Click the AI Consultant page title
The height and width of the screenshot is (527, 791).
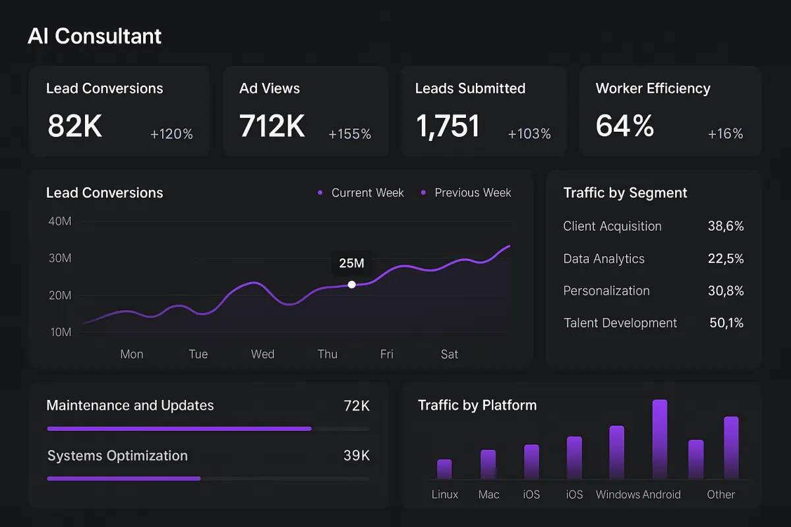[94, 36]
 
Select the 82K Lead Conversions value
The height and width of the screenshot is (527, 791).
[74, 126]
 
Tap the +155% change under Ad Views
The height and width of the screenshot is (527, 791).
[349, 134]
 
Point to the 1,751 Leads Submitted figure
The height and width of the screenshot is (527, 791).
[448, 126]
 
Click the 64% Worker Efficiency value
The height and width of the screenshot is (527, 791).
[624, 126]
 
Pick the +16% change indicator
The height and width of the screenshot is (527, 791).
[725, 134]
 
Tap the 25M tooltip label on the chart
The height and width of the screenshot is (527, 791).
[351, 263]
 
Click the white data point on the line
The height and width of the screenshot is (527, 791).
[351, 285]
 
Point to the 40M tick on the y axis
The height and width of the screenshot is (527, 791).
[60, 221]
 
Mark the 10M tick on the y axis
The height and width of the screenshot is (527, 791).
[60, 333]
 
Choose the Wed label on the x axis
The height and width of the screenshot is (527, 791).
[262, 354]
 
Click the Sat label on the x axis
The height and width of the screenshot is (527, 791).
[450, 354]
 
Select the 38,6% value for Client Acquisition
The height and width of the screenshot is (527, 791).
[726, 226]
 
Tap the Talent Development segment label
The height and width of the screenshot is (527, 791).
[620, 323]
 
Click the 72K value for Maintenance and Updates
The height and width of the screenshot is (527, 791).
[357, 406]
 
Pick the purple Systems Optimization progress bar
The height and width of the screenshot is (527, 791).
[124, 478]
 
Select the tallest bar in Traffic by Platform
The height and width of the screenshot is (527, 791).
[660, 439]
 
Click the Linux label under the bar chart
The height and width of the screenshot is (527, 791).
[445, 495]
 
